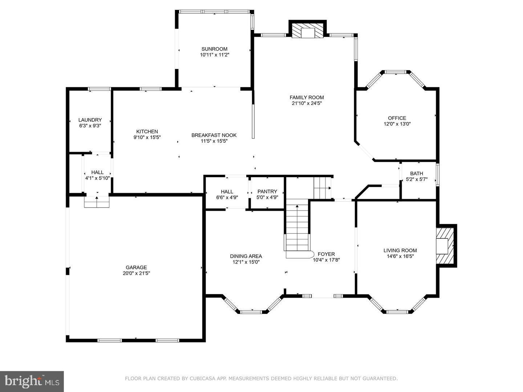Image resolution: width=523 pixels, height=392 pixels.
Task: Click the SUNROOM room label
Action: (214, 49)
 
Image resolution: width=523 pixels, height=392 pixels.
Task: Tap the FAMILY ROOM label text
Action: (307, 97)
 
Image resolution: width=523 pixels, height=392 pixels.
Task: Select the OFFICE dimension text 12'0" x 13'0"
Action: (397, 124)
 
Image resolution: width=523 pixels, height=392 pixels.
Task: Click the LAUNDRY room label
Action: (90, 120)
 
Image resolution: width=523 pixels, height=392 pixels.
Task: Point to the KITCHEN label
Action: (147, 131)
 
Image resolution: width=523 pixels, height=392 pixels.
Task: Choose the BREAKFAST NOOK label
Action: (214, 135)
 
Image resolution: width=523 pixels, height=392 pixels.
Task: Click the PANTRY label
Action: (267, 192)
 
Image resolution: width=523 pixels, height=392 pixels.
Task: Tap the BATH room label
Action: (417, 173)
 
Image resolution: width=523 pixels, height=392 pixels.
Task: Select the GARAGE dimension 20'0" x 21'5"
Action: (136, 273)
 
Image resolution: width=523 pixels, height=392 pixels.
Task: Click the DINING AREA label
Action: (246, 256)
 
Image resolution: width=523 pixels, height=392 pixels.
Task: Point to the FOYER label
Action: (326, 254)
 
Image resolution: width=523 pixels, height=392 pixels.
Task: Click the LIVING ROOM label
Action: (400, 250)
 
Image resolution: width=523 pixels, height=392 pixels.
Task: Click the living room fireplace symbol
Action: (444, 246)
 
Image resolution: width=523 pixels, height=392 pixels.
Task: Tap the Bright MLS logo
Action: (32, 381)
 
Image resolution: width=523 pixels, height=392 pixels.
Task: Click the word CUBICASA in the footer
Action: (201, 379)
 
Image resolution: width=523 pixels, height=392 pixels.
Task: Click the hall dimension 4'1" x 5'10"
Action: (97, 178)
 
